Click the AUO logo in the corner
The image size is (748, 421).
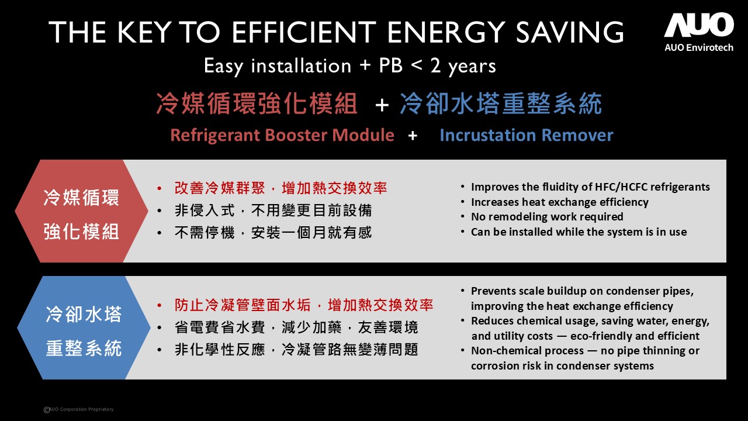click(x=698, y=25)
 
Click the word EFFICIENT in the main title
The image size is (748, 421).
click(x=304, y=32)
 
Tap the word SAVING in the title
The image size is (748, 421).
click(x=570, y=32)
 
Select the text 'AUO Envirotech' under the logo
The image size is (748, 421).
click(x=699, y=47)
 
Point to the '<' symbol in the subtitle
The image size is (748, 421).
click(x=417, y=65)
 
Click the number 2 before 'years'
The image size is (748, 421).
click(x=435, y=65)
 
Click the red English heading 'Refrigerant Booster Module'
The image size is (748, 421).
click(x=282, y=135)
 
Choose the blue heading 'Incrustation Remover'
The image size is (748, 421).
click(x=527, y=135)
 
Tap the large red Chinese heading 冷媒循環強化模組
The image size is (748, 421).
click(x=257, y=103)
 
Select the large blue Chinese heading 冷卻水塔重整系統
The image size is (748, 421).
click(x=501, y=103)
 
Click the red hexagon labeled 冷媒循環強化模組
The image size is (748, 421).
click(x=81, y=211)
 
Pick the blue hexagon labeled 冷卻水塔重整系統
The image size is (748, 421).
click(x=84, y=327)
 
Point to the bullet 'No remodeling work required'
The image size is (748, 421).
click(x=547, y=216)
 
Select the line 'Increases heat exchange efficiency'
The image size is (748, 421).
click(x=560, y=202)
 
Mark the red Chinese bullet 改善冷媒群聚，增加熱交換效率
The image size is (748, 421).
click(x=281, y=188)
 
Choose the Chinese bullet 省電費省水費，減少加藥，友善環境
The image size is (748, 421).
click(x=296, y=327)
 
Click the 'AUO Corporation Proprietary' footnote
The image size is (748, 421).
click(x=79, y=409)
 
